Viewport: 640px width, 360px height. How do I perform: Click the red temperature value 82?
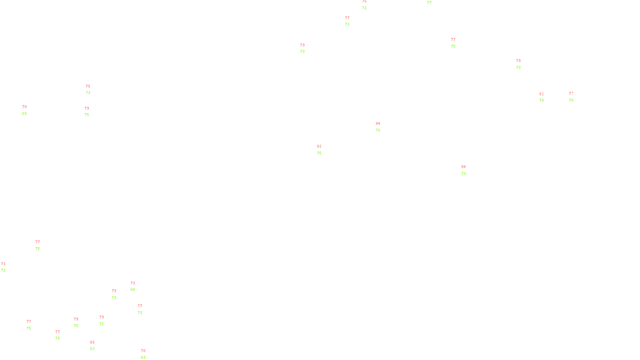[x=319, y=146]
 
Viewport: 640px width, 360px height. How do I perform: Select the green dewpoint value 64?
[x=133, y=290]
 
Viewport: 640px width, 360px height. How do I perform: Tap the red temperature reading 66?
[x=92, y=342]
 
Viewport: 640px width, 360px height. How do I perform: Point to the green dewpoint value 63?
[x=92, y=349]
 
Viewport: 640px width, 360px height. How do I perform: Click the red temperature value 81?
[x=541, y=94]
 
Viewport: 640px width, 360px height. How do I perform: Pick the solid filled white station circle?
[x=7, y=267]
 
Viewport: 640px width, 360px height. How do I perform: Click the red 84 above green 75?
[x=378, y=124]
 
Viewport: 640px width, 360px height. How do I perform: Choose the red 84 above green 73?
[x=464, y=167]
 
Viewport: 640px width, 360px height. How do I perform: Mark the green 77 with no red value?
[x=429, y=3]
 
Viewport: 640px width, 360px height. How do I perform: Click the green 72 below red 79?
[x=102, y=324]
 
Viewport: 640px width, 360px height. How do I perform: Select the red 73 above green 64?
[x=133, y=283]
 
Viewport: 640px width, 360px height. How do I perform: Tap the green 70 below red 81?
[x=542, y=100]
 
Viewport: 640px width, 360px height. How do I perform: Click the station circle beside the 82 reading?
[x=323, y=150]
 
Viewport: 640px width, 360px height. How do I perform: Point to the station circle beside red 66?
[x=96, y=346]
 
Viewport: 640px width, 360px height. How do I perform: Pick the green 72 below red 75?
[x=364, y=8]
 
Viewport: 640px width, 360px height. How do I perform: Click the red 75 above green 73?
[x=88, y=86]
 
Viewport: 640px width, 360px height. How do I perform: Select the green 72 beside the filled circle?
[x=3, y=270]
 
